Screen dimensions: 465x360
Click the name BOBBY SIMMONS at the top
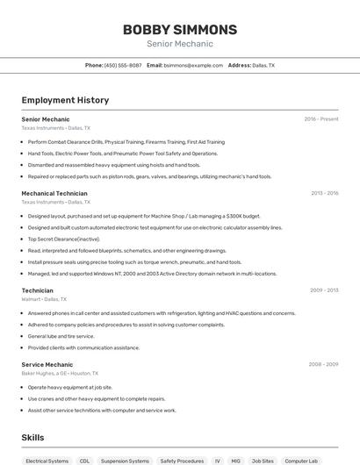[x=179, y=29]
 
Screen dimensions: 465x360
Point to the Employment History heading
[x=65, y=100]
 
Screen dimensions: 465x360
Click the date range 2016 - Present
[x=321, y=118]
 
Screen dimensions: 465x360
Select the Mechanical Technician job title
[x=54, y=193]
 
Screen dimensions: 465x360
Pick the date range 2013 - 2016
[x=325, y=193]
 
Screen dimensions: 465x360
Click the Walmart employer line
[x=44, y=299]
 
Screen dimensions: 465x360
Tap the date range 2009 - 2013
[x=325, y=290]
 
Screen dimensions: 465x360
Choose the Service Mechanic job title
[x=47, y=364]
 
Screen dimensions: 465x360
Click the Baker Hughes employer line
[x=56, y=373]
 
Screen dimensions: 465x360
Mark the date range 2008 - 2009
[x=324, y=364]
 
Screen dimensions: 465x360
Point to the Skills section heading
[x=33, y=436]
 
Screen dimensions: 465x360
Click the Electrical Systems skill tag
[x=47, y=461]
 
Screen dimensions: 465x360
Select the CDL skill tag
[x=84, y=461]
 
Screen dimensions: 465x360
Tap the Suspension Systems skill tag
[x=125, y=461]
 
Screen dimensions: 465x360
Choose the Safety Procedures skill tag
[x=182, y=461]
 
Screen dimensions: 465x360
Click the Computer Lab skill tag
[x=301, y=461]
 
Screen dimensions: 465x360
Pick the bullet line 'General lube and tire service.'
[x=61, y=336]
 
